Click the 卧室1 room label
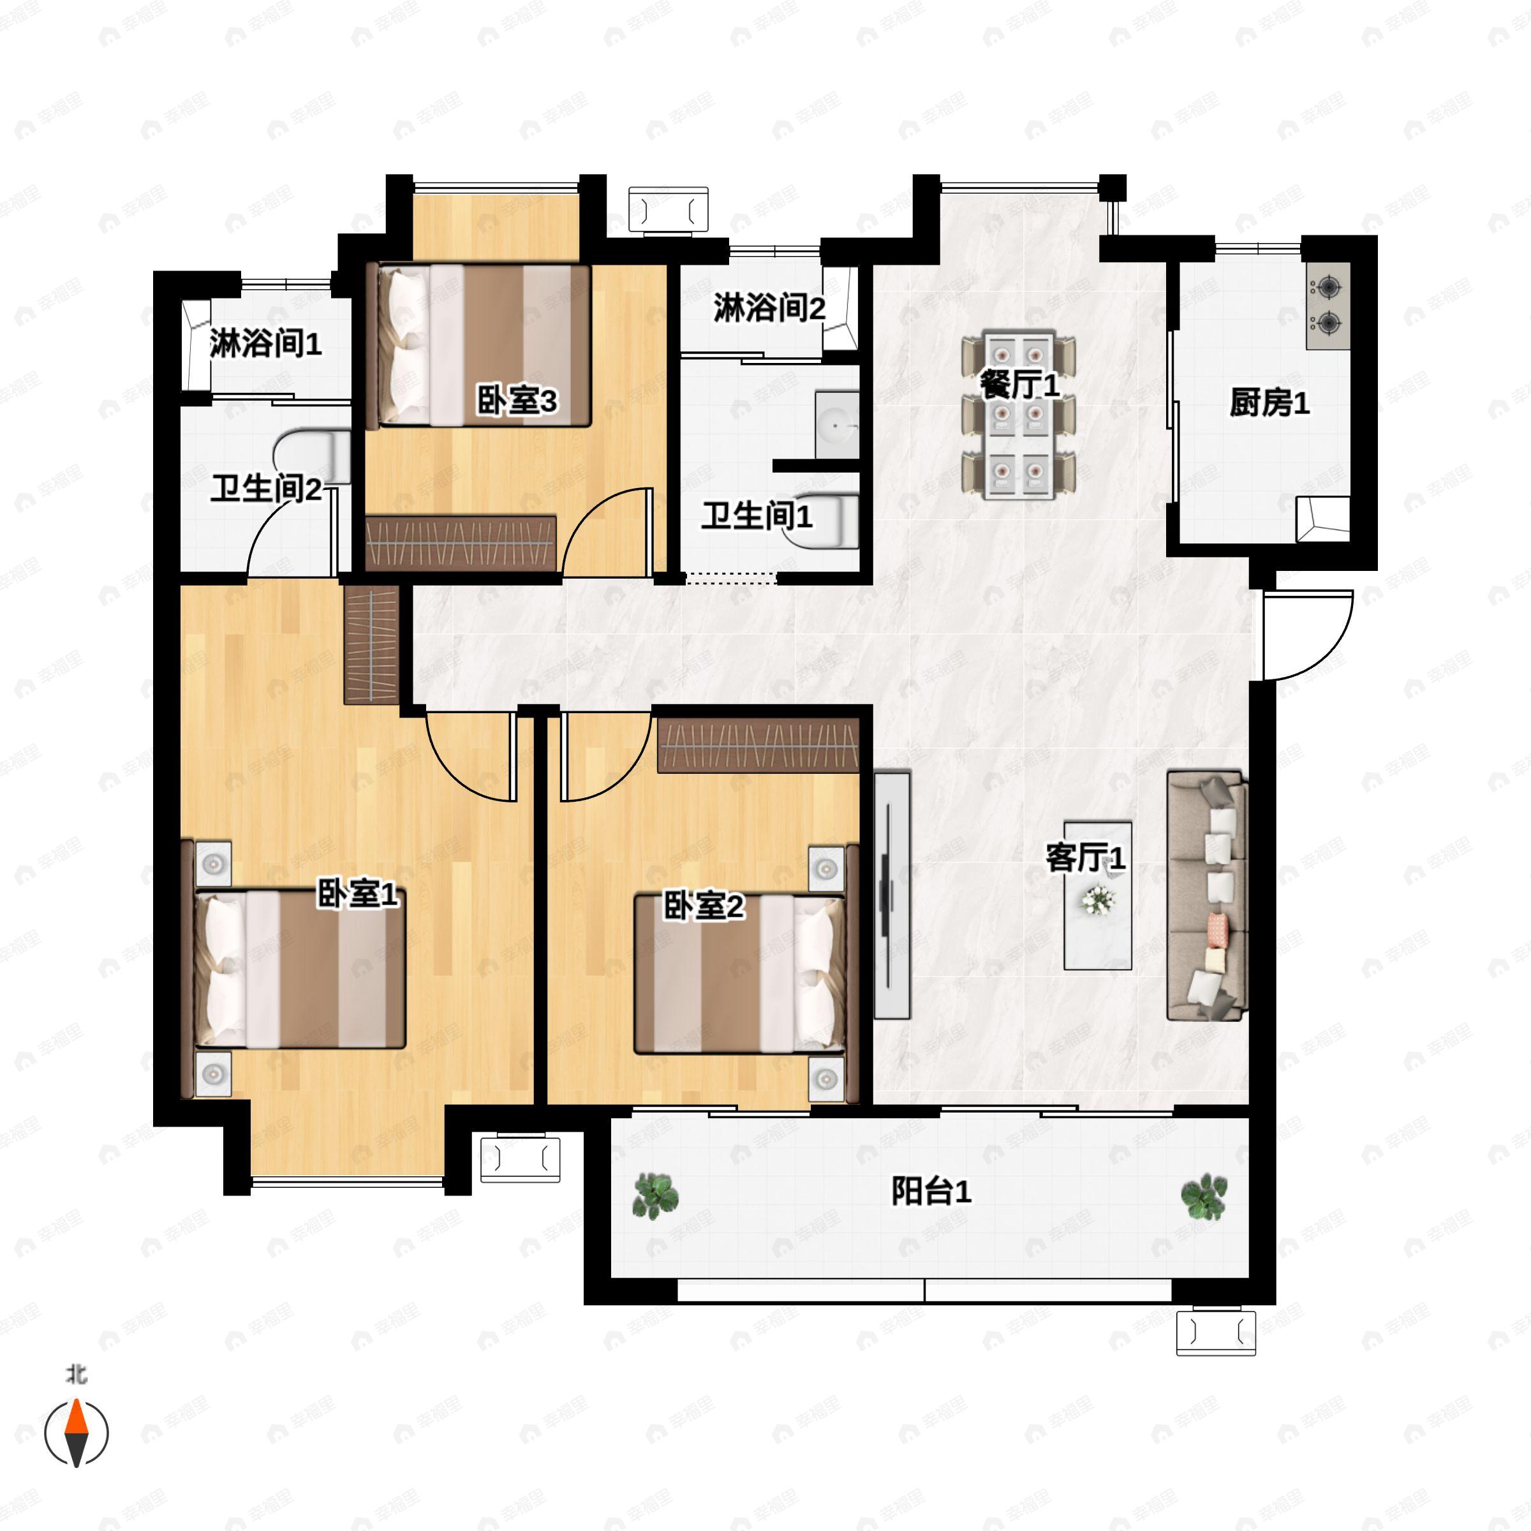coord(357,894)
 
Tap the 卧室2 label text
coord(704,906)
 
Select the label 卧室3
coord(517,401)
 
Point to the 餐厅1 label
coord(1020,386)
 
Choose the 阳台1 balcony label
coord(931,1191)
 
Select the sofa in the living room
coord(1207,896)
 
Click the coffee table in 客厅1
coord(1097,896)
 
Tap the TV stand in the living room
coord(892,896)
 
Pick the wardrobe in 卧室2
coord(758,745)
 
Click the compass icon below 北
coord(76,1433)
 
